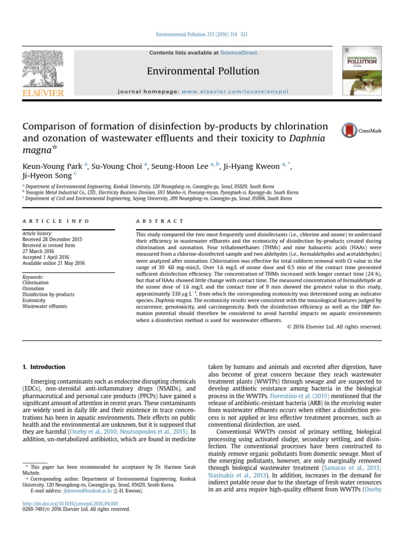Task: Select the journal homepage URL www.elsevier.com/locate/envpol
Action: (227, 91)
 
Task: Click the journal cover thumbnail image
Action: (359, 71)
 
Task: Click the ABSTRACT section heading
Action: (159, 221)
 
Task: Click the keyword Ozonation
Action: (34, 288)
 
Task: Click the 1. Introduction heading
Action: (44, 367)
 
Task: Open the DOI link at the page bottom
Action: (70, 503)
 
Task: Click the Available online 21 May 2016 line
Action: (54, 263)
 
